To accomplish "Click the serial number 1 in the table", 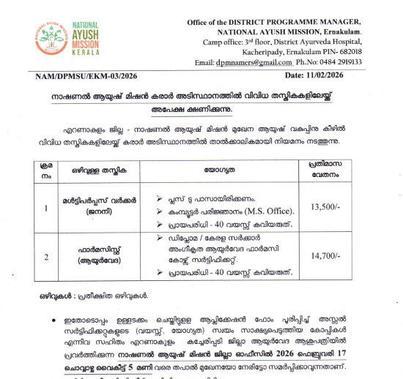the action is (x=45, y=208).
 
